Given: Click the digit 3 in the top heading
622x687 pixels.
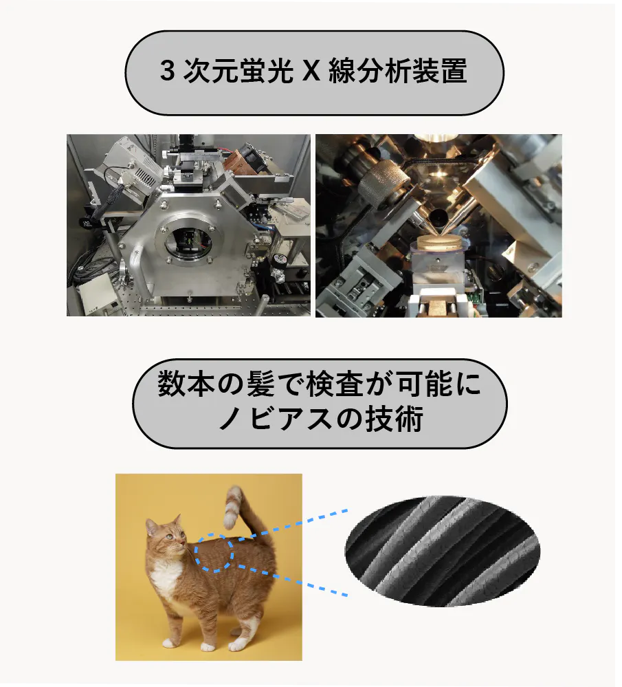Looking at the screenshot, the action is pyautogui.click(x=168, y=71).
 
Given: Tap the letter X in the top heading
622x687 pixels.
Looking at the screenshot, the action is pyautogui.click(x=311, y=71).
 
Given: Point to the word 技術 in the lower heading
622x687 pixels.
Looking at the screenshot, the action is pyautogui.click(x=393, y=419).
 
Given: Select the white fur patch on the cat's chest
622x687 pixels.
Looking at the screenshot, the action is pyautogui.click(x=166, y=576).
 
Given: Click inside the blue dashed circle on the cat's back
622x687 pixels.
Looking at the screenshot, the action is pyautogui.click(x=214, y=553).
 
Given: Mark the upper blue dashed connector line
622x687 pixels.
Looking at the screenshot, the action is pyautogui.click(x=290, y=525).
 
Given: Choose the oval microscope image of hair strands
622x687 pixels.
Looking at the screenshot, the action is pyautogui.click(x=443, y=551).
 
